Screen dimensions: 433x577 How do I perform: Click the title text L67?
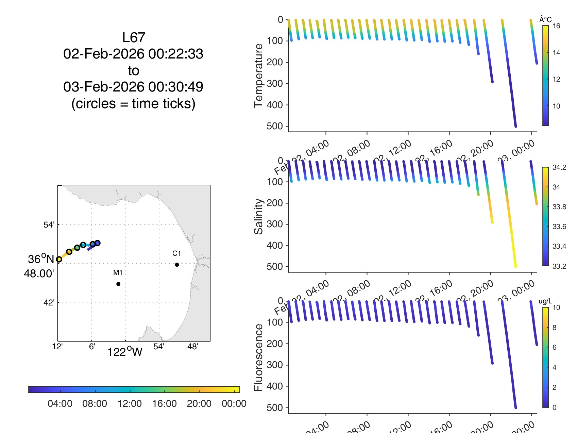[x=134, y=37]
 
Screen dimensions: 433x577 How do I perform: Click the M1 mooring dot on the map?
[x=118, y=284]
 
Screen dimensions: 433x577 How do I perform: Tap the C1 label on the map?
[x=176, y=253]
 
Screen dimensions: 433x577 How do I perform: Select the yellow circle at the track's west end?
[x=59, y=259]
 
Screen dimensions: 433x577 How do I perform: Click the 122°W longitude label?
[x=125, y=352]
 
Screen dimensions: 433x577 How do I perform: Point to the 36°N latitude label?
[x=41, y=259]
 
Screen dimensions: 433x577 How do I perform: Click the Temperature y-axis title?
[x=258, y=76]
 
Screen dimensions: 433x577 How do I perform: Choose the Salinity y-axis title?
[x=258, y=216]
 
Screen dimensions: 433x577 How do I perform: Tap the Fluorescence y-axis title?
[x=258, y=357]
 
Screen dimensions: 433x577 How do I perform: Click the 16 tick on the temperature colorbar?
[x=556, y=26]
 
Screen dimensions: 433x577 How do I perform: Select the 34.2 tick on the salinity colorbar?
[x=559, y=167]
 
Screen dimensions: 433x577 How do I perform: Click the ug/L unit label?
[x=545, y=301]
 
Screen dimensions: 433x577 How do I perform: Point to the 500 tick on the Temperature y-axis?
[x=275, y=126]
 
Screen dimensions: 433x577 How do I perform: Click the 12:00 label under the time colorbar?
[x=130, y=404]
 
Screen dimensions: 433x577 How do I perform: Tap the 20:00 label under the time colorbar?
[x=199, y=404]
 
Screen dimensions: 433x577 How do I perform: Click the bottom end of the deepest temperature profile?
[x=515, y=126]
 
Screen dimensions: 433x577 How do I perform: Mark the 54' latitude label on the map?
[x=49, y=225]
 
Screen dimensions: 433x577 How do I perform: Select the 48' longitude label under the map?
[x=193, y=347]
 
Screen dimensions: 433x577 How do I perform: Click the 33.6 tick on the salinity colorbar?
[x=559, y=227]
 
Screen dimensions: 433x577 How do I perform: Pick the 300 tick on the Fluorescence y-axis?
[x=275, y=365]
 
